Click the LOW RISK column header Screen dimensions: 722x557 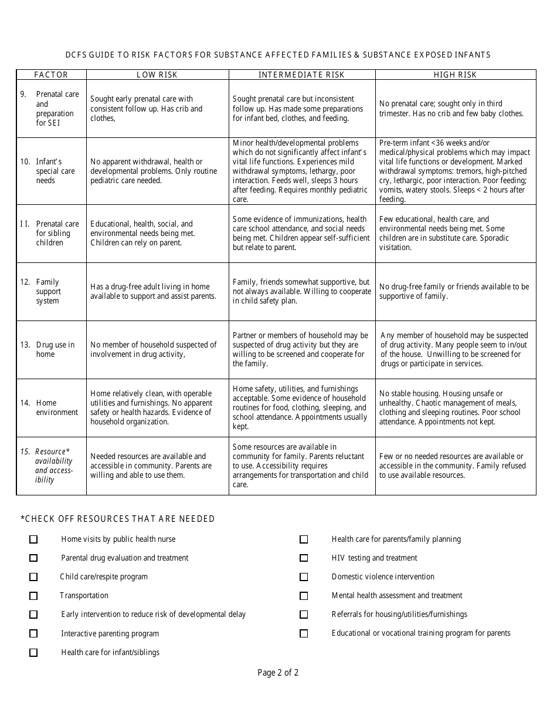coord(157,75)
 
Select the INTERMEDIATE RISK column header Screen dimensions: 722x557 coord(302,75)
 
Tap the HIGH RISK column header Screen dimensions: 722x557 coord(456,75)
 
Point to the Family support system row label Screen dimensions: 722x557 coord(47,291)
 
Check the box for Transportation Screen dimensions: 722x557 coord(33,596)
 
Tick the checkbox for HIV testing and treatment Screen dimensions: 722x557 coord(304,558)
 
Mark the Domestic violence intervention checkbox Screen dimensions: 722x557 coord(304,577)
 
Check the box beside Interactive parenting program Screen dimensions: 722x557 coord(33,634)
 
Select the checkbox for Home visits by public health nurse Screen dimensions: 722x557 coord(33,539)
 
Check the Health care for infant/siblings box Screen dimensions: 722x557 coord(33,653)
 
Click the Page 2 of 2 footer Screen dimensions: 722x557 coord(278,673)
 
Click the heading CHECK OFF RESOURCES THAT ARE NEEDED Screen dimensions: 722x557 coord(118,519)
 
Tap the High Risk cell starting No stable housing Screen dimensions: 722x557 coord(455,407)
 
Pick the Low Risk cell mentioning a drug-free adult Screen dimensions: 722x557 coord(157,291)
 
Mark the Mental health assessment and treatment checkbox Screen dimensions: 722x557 coord(304,596)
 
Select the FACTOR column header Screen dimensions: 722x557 coord(52,75)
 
